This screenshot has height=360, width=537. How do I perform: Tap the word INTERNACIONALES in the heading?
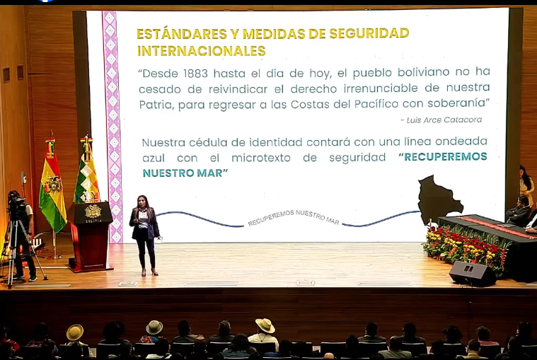click(201, 51)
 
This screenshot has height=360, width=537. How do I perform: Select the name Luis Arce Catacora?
click(441, 120)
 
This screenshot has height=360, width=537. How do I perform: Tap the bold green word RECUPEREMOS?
click(443, 157)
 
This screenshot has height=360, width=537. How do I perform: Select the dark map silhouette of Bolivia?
click(439, 199)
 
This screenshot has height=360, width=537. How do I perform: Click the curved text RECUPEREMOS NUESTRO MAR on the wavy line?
click(293, 217)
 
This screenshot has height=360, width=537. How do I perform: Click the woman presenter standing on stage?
click(144, 233)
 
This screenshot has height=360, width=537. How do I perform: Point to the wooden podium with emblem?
click(91, 234)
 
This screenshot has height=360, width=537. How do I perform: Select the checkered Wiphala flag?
click(86, 177)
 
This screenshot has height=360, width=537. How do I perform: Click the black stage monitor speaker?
click(472, 273)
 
